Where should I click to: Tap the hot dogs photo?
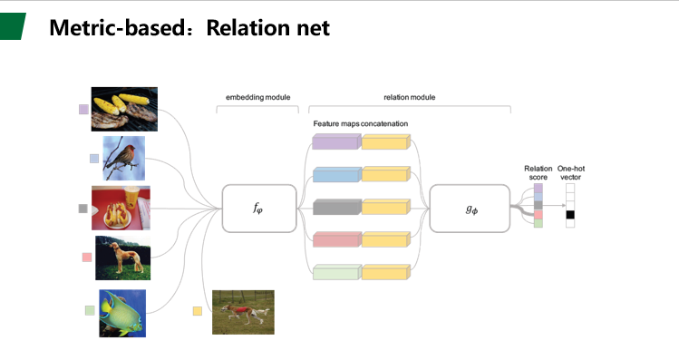(121, 208)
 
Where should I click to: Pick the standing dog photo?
(122, 258)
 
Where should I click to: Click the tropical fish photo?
(122, 313)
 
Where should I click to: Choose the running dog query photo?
(243, 311)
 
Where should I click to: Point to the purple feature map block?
(335, 141)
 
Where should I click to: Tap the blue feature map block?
(335, 174)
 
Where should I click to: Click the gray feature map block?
(335, 207)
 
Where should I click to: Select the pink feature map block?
(335, 239)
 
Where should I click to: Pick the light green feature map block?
(335, 272)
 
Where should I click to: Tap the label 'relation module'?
(409, 96)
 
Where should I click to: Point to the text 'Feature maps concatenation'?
(361, 122)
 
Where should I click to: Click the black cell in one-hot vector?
(570, 215)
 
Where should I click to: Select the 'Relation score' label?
(538, 173)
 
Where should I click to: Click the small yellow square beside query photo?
(197, 311)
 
